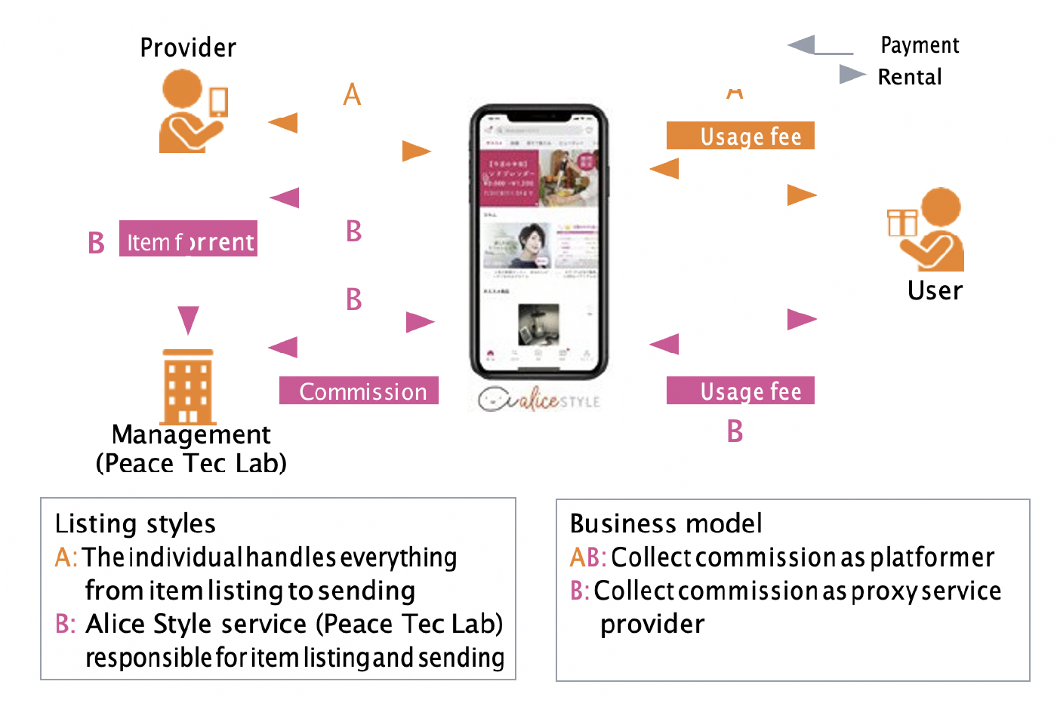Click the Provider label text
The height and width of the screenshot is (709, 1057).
click(188, 48)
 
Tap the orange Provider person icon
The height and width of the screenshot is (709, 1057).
click(192, 112)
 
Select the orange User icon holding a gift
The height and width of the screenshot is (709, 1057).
click(927, 229)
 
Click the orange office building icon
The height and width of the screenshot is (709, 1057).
click(188, 386)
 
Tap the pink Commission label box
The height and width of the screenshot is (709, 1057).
click(359, 391)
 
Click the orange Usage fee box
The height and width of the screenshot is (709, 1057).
click(740, 136)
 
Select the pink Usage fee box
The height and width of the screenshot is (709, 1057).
click(740, 391)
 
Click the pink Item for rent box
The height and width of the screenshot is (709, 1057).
click(188, 239)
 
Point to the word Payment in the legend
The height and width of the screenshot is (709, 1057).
click(920, 46)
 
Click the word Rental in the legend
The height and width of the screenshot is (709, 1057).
click(910, 77)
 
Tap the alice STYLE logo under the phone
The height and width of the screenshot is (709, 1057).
click(539, 399)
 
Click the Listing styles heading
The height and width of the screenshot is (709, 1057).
click(135, 523)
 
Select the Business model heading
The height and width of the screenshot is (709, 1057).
click(666, 523)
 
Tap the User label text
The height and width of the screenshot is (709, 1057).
click(935, 291)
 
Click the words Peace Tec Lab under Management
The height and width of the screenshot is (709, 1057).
click(192, 463)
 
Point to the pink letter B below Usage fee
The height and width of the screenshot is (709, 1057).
click(735, 431)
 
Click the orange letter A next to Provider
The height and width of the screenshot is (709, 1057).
click(352, 95)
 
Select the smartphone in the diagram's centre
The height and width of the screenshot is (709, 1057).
click(539, 241)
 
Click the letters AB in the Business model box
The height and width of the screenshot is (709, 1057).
click(587, 557)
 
